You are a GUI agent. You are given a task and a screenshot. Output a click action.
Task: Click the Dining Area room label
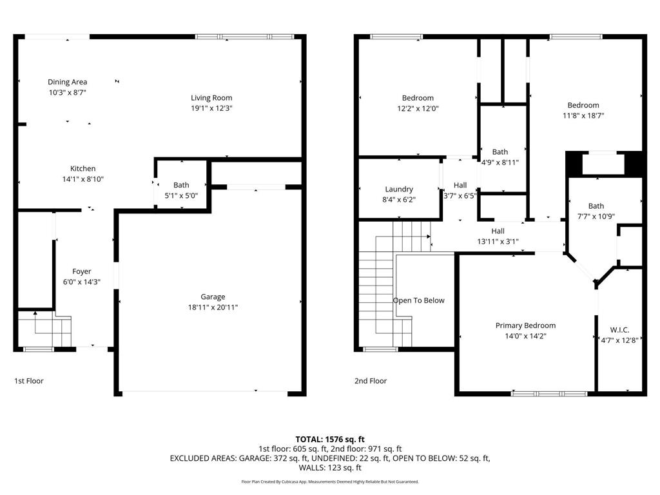(x=67, y=82)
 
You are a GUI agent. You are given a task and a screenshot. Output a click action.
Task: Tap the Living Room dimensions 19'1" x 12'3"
(x=211, y=109)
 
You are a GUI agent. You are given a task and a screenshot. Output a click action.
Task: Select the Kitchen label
(x=83, y=169)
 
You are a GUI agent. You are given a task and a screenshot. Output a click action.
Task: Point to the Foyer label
(x=81, y=271)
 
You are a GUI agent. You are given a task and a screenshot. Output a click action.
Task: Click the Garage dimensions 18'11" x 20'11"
(x=213, y=307)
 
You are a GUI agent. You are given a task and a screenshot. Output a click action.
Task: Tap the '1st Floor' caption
(x=29, y=381)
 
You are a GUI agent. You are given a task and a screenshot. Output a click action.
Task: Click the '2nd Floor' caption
(x=371, y=381)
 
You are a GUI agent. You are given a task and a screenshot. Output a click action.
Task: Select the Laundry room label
(x=399, y=189)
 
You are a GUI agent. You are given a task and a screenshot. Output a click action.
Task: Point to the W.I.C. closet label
(x=619, y=330)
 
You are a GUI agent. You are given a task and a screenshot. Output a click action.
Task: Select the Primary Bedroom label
(x=525, y=325)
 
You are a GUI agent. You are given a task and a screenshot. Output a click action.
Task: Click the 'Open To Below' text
(x=419, y=300)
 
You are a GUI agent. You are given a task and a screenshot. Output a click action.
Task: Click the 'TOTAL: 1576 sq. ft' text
(x=330, y=439)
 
